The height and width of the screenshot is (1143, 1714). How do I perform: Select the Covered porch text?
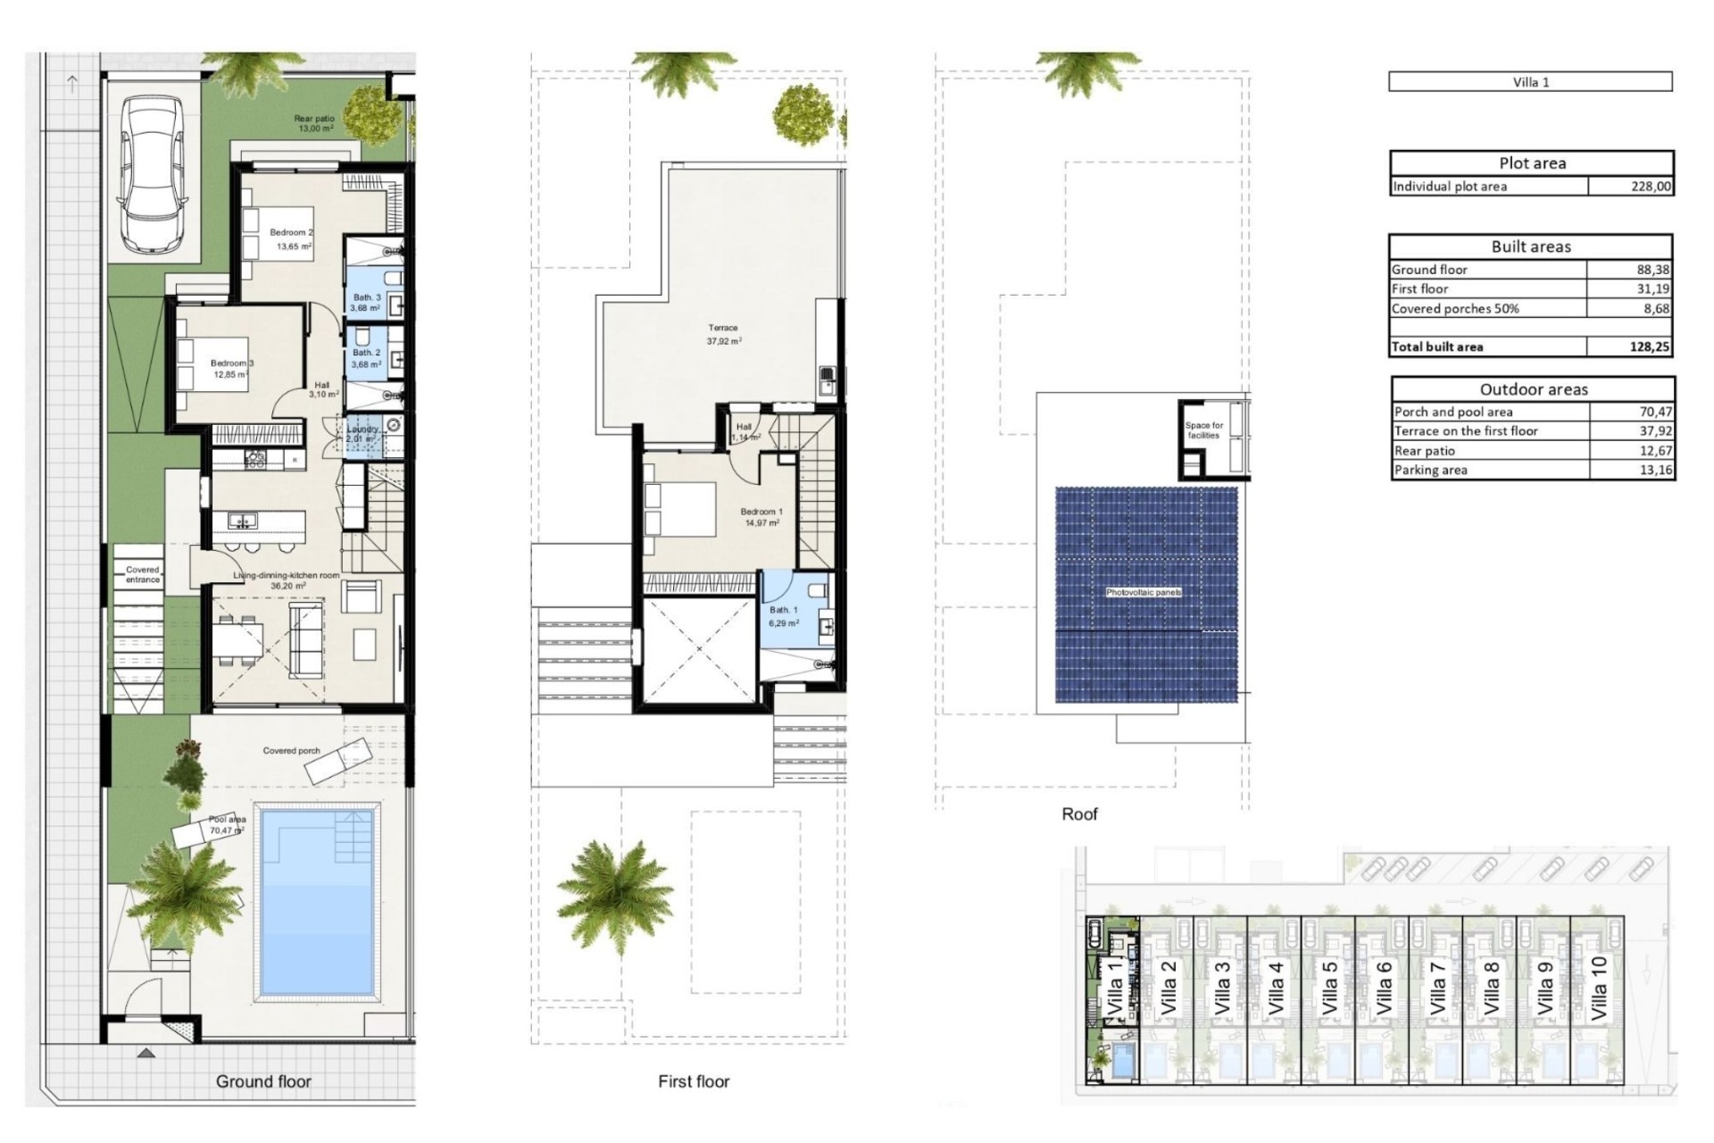click(x=291, y=751)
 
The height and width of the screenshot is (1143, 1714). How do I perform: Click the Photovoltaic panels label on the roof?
click(x=1144, y=593)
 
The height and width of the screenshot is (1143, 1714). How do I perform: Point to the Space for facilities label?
click(x=1203, y=430)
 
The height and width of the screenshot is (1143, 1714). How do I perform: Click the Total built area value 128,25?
click(x=1648, y=346)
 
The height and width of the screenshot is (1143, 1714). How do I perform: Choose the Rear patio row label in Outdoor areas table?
click(x=1425, y=451)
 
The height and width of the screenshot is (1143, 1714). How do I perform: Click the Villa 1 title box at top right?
click(x=1530, y=82)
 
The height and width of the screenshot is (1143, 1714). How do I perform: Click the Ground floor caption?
click(x=263, y=1081)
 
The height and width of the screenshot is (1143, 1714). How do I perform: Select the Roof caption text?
click(x=1079, y=813)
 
